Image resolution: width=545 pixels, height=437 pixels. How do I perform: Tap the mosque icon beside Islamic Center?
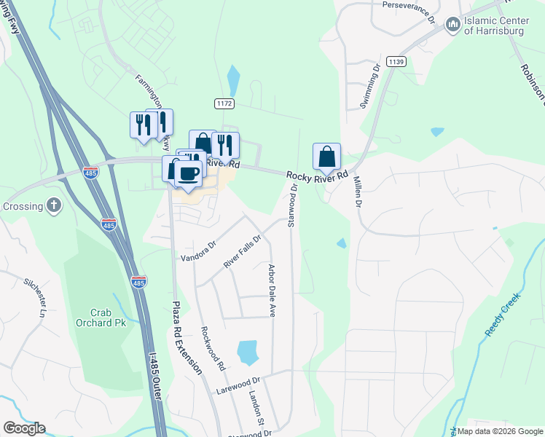452,25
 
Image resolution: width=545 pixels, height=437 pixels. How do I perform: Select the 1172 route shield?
224,104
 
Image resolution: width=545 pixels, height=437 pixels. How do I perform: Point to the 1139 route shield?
396,61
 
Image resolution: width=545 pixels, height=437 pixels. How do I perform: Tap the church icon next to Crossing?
54,206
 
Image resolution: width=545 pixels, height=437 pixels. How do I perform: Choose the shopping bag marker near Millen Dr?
326,157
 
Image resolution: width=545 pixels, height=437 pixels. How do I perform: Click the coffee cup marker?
189,173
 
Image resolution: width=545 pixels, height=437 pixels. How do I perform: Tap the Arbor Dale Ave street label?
272,291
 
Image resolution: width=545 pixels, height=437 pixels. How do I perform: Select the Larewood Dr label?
238,386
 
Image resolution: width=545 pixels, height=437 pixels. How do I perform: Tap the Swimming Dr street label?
370,87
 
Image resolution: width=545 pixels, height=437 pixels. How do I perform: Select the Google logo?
24,428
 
